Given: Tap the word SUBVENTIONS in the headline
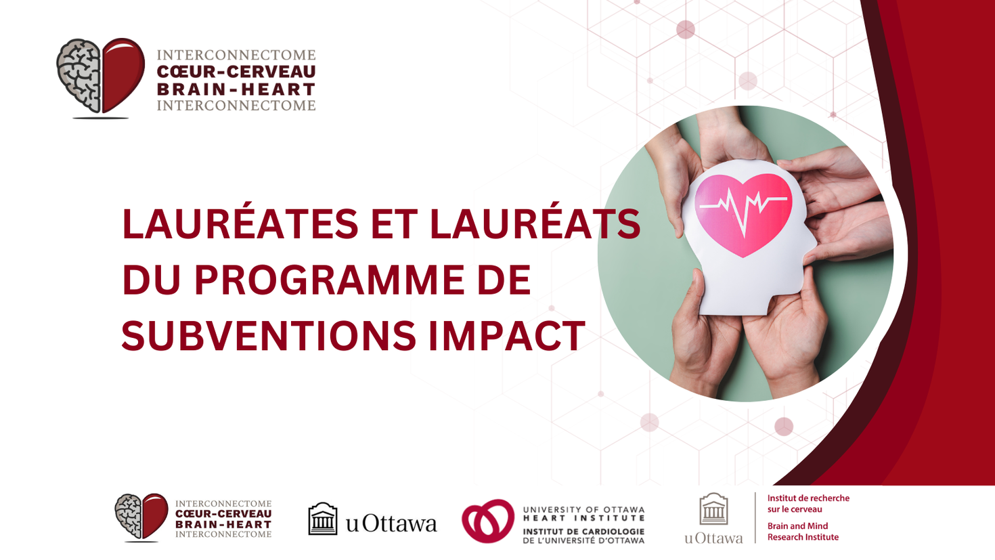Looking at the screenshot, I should [267, 335].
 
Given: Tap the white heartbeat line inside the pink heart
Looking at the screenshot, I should [743, 203].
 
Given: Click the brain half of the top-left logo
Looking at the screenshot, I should [79, 74].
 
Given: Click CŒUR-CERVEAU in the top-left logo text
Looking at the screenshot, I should [236, 72].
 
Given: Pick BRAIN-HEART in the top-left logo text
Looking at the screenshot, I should [236, 89].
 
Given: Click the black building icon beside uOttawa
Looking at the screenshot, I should [323, 519].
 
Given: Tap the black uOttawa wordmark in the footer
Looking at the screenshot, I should [391, 523].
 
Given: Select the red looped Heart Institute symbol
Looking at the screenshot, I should [488, 521].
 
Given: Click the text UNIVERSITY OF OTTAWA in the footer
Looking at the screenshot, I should [583, 509].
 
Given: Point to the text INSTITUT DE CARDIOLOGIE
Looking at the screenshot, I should [583, 532].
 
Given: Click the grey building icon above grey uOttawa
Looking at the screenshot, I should [713, 509].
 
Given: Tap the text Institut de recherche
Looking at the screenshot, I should [808, 498].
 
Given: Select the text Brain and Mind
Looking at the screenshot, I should [797, 526].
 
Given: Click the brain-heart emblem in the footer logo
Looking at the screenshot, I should [141, 517].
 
